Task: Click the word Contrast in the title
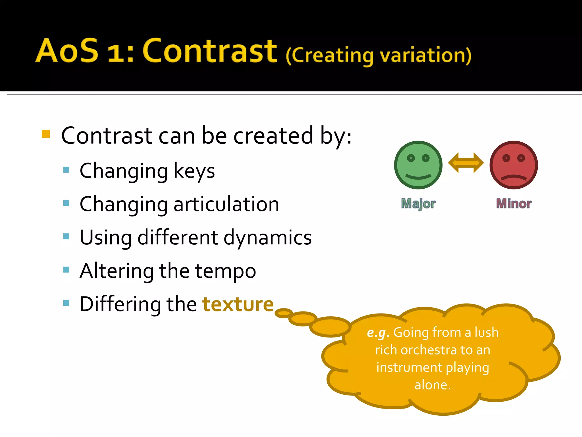click(x=210, y=51)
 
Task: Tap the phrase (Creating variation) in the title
click(x=378, y=55)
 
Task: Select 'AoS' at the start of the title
click(x=67, y=51)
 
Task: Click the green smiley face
click(x=418, y=165)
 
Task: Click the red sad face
click(x=514, y=165)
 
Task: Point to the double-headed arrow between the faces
click(x=466, y=163)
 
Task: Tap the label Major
click(x=418, y=204)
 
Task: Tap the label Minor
click(x=514, y=204)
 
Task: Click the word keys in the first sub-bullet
click(x=194, y=171)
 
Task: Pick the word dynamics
click(x=267, y=238)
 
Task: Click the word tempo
click(x=225, y=271)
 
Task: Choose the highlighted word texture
click(x=238, y=304)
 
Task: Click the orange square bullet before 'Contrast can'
click(x=46, y=134)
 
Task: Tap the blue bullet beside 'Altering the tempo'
click(x=66, y=269)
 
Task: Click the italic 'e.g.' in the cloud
click(x=378, y=333)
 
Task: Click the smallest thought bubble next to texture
click(x=283, y=313)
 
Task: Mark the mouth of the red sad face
click(x=514, y=178)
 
